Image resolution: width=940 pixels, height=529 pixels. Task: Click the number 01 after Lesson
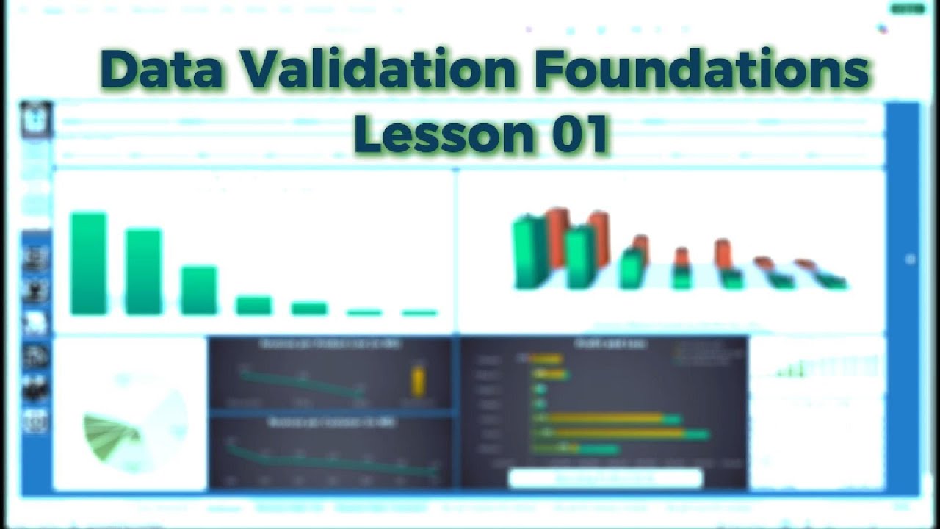580,134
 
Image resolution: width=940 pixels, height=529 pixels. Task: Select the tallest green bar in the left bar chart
88,264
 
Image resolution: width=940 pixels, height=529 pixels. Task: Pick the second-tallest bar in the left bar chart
143,272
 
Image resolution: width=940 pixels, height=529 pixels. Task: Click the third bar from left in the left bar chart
198,291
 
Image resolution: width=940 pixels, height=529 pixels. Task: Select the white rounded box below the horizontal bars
605,478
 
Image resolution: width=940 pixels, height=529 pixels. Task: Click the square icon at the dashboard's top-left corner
36,119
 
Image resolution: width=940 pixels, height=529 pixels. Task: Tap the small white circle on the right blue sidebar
911,259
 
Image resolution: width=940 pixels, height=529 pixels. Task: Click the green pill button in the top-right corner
908,9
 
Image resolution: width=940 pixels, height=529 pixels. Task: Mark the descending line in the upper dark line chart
301,383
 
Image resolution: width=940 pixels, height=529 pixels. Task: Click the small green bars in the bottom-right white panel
789,371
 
